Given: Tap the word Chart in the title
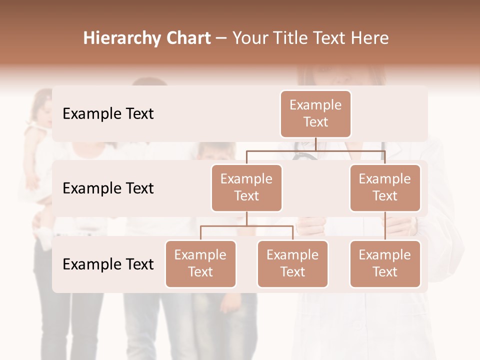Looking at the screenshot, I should [x=188, y=38].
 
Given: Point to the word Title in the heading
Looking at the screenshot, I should [x=294, y=38].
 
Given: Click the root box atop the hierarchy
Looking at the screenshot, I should [x=315, y=114].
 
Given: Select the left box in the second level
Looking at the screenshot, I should [x=246, y=188].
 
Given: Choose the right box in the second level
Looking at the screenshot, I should [x=385, y=188].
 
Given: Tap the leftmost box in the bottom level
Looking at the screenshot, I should [x=200, y=264].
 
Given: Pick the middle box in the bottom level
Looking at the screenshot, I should [x=292, y=264].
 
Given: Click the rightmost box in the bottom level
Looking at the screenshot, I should [x=385, y=264].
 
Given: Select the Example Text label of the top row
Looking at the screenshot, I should [x=108, y=114].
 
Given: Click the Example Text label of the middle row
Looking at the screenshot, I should [x=108, y=188].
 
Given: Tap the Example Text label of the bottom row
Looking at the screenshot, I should [x=108, y=264].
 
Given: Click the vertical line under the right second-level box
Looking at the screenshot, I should [x=385, y=226].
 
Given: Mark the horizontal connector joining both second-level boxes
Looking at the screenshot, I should [x=280, y=150].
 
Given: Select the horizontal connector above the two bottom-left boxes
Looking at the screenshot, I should [x=246, y=226].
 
